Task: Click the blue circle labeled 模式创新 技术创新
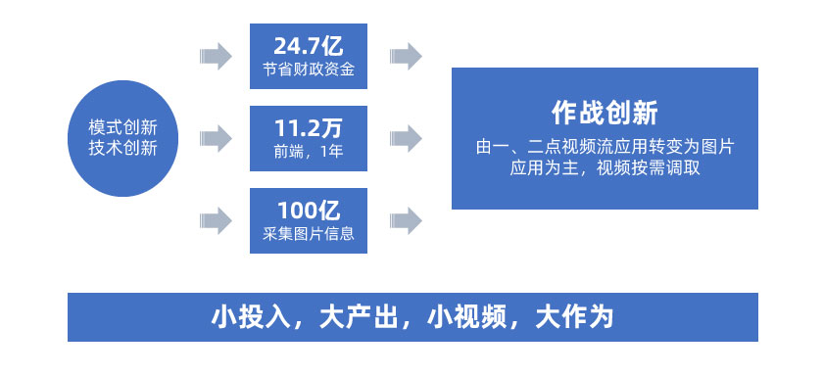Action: click(x=122, y=138)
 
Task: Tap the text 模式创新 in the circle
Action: click(x=122, y=127)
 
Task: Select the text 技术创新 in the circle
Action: click(x=122, y=149)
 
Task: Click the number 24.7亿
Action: click(x=308, y=46)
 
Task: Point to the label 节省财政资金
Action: click(x=308, y=70)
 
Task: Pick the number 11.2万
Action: click(x=308, y=127)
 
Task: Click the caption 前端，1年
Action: click(x=308, y=152)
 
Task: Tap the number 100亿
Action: click(x=308, y=210)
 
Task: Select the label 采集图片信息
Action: click(x=308, y=234)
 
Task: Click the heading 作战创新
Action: click(x=605, y=112)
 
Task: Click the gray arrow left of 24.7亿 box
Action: click(x=216, y=56)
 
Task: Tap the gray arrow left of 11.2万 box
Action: click(x=216, y=137)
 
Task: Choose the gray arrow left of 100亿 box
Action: click(x=216, y=219)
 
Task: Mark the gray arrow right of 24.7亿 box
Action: click(x=406, y=56)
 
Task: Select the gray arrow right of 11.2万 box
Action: click(x=406, y=137)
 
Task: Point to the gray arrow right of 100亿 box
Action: click(x=406, y=219)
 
